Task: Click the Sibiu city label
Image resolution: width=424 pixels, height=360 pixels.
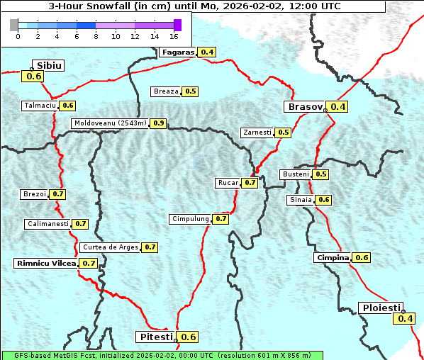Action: (x=50, y=65)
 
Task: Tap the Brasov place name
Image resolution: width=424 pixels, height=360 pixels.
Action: (x=304, y=107)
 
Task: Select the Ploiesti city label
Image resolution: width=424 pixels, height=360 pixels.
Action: (x=381, y=308)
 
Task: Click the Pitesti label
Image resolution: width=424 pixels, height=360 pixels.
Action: (x=155, y=337)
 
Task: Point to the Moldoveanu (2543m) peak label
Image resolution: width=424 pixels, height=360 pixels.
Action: (x=110, y=123)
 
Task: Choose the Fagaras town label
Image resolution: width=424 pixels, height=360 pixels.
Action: (x=177, y=52)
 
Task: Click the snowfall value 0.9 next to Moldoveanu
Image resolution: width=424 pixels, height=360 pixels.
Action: (x=158, y=123)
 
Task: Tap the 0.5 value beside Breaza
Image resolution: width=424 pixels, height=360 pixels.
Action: (x=191, y=91)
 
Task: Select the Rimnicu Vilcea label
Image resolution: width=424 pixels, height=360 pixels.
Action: (x=45, y=263)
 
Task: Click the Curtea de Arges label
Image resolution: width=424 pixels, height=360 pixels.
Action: (x=108, y=247)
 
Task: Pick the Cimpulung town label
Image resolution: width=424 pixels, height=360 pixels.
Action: (x=190, y=219)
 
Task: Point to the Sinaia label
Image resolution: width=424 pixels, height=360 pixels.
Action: (x=301, y=200)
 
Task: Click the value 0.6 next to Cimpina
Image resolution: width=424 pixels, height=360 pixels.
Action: (x=362, y=258)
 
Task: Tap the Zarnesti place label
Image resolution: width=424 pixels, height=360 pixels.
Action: (x=257, y=133)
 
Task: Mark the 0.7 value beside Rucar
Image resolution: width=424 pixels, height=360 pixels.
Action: (x=250, y=183)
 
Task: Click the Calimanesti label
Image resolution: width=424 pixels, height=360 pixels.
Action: (x=47, y=224)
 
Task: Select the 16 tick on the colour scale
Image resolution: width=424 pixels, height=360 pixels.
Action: (x=174, y=35)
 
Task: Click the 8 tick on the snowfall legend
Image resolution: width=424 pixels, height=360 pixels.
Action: (x=96, y=35)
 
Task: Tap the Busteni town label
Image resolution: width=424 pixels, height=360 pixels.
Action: (x=295, y=174)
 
